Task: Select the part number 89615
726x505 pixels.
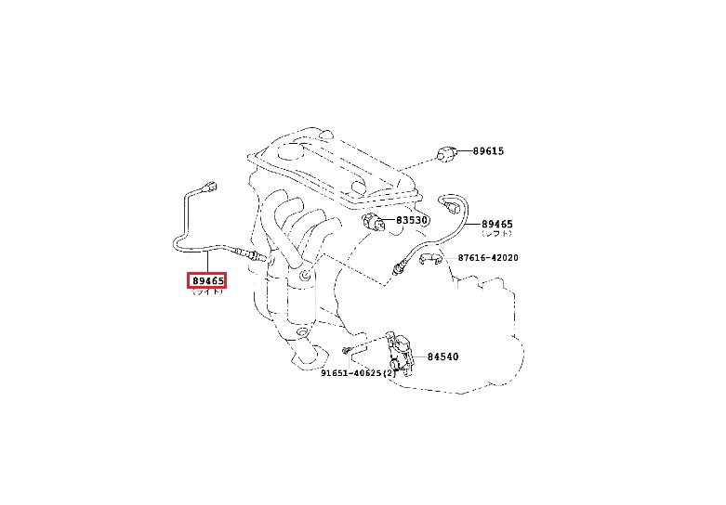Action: tap(486, 150)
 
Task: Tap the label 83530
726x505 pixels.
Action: tap(409, 221)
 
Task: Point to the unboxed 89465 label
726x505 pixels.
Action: tap(497, 225)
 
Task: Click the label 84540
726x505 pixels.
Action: tap(442, 356)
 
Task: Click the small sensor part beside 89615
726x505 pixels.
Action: tap(446, 152)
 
